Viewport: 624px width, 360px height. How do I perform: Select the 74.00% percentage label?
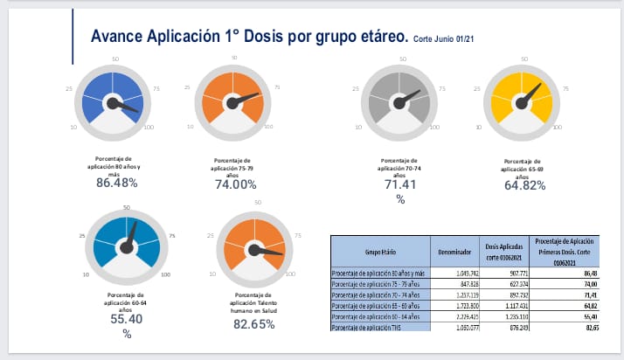235,184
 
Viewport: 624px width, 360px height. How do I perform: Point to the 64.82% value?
524,184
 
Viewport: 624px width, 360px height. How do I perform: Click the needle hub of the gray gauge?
399,102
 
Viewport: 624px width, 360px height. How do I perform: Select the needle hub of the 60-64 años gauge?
126,248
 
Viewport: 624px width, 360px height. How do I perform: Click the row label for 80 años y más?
378,274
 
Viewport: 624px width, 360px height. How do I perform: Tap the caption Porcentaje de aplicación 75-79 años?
235,166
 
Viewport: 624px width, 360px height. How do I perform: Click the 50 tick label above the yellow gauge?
524,59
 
